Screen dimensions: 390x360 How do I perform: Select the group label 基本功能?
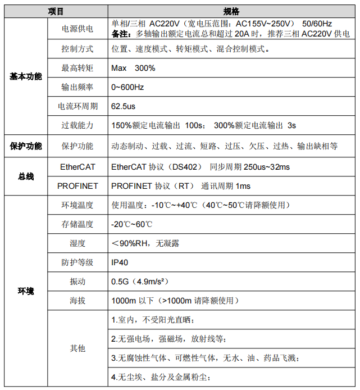pos(25,76)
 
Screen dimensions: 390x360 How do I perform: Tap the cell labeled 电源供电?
pos(78,29)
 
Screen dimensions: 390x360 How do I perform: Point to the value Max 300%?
pos(133,68)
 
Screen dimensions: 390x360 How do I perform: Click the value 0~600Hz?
pos(127,87)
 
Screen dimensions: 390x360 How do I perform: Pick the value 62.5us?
pos(124,106)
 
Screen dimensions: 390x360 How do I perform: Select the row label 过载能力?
pos(78,125)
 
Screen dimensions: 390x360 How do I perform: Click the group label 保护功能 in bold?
pos(25,146)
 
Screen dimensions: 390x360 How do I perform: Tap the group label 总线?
pos(25,176)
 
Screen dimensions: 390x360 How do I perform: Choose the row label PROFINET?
pos(78,185)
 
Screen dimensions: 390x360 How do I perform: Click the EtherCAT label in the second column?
pos(78,167)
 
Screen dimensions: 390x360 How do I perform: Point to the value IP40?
pos(120,262)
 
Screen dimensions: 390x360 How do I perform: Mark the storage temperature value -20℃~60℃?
pos(132,224)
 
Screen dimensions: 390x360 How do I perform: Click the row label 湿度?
pos(78,243)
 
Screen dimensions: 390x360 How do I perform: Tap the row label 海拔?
pos(78,301)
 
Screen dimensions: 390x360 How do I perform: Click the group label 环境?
pos(25,291)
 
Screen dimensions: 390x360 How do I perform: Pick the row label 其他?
pos(78,348)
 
